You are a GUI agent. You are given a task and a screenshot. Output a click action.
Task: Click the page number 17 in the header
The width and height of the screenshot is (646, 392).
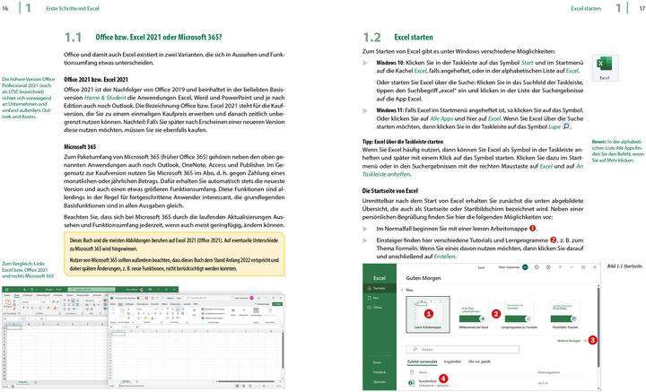[x=640, y=8]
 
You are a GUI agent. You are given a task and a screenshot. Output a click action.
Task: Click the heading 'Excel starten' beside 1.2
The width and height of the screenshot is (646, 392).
[x=414, y=38]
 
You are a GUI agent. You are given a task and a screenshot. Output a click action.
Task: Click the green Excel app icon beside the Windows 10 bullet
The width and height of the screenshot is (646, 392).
[x=604, y=65]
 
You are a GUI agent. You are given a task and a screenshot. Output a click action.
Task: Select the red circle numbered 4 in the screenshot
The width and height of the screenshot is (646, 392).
[x=441, y=379]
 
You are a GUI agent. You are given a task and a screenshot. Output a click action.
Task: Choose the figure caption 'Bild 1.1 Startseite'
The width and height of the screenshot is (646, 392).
[x=624, y=267]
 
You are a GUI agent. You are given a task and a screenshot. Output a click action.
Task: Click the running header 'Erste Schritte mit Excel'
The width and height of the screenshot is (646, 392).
[x=74, y=8]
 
